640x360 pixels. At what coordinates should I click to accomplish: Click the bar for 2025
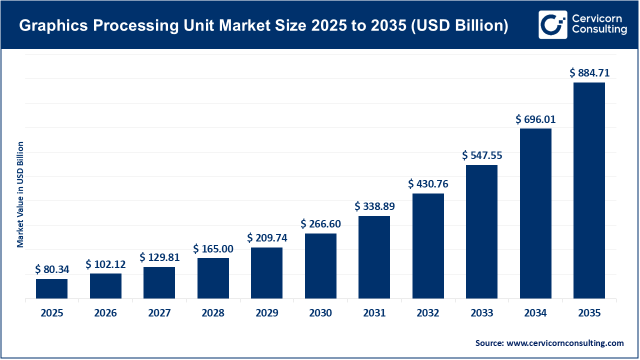point(51,288)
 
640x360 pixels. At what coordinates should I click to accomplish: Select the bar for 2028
point(213,278)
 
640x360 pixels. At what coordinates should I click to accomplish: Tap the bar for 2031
point(374,257)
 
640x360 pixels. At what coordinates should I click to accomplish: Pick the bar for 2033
point(481,231)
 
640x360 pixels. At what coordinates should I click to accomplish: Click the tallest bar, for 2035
point(589,190)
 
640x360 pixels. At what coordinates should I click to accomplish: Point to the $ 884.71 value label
point(589,73)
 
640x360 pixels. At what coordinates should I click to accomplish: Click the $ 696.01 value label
point(535,119)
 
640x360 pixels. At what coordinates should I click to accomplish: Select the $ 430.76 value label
point(428,184)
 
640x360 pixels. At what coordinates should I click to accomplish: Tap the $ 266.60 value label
point(320,224)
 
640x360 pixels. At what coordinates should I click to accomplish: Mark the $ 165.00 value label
point(213,248)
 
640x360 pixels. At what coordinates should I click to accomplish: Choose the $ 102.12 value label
point(105,264)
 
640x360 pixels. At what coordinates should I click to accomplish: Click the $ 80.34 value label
point(52,269)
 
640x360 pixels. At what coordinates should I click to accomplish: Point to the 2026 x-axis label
point(105,313)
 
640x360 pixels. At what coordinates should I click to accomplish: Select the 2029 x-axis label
point(266,313)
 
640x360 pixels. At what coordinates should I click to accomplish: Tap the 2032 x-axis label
point(428,313)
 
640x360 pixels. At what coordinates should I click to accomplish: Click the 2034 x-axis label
point(535,313)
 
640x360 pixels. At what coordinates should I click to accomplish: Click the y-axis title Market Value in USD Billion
point(20,194)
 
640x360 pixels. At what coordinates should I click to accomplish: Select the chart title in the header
point(263,26)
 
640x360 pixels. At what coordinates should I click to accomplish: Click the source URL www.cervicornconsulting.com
point(565,343)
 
